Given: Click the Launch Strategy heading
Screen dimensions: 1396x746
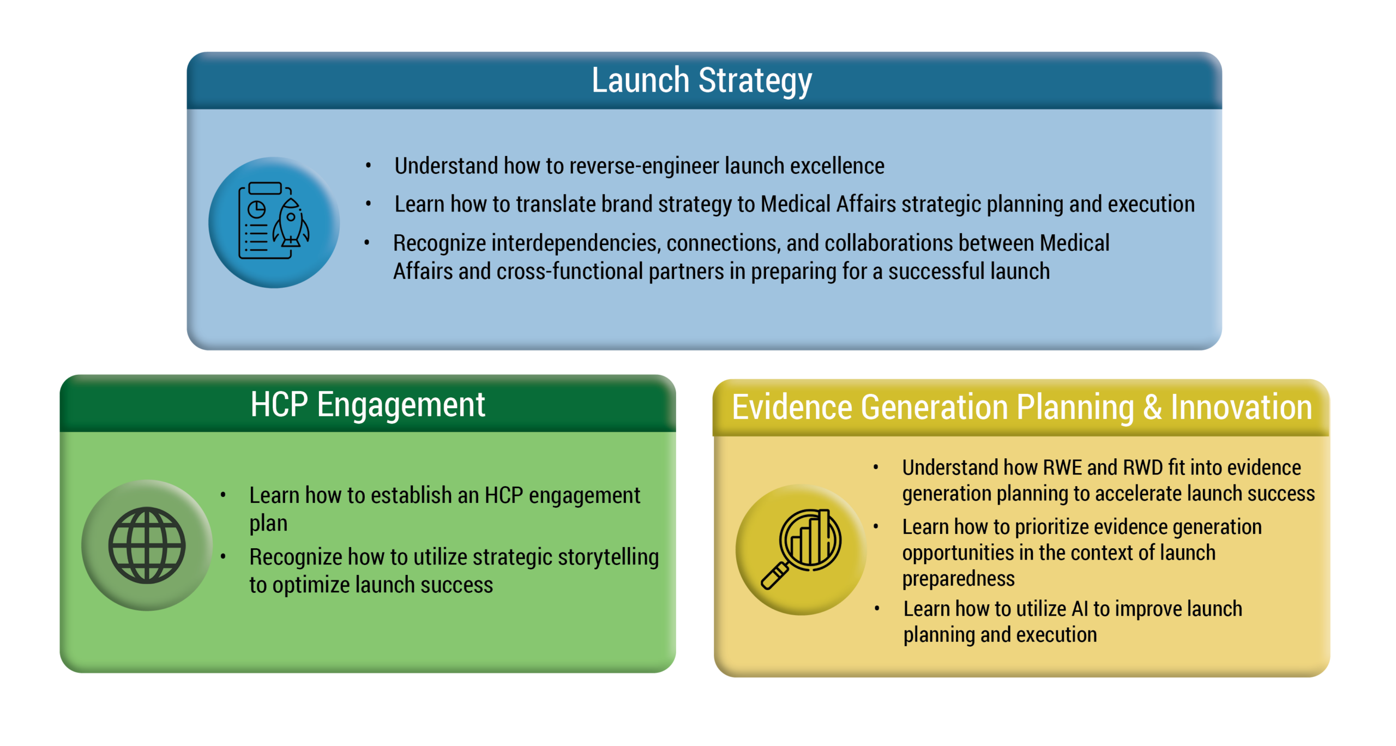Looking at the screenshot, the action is tap(702, 81).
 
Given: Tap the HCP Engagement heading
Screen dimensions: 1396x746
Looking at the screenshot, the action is tap(368, 405).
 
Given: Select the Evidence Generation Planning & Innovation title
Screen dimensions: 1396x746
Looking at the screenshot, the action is tap(1021, 408).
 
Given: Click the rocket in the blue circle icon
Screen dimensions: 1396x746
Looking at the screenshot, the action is tap(291, 223).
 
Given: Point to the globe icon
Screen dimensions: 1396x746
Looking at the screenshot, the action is tap(147, 545).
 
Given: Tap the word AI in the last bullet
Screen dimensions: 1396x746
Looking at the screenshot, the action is tap(1080, 609).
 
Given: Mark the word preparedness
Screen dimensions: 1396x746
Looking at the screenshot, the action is tap(958, 579).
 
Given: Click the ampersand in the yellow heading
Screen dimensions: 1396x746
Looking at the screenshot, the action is tap(1152, 408).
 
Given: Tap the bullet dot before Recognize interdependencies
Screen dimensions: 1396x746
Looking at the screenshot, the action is tap(367, 242).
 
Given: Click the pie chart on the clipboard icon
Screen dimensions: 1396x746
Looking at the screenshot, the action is tap(256, 209).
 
